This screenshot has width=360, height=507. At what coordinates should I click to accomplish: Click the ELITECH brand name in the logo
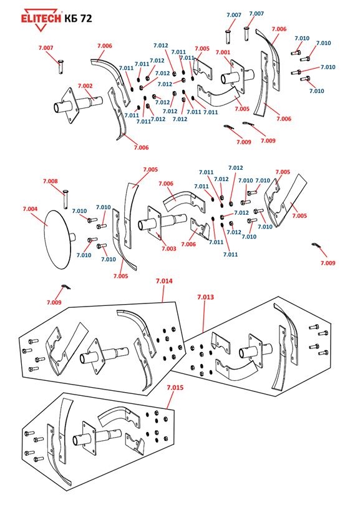(41, 18)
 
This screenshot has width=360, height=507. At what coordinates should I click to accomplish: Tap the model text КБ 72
(78, 19)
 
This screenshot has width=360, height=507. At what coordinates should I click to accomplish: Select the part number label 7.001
(223, 52)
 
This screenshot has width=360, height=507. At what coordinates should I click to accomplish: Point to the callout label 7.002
(85, 86)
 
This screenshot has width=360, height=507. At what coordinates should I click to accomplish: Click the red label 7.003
(169, 249)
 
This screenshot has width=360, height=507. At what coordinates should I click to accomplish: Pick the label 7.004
(30, 209)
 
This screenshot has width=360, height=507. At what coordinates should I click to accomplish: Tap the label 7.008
(51, 181)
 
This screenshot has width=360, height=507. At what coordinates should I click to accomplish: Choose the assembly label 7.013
(205, 297)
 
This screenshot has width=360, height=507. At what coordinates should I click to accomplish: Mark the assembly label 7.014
(164, 281)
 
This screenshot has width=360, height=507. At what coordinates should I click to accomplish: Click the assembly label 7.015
(175, 387)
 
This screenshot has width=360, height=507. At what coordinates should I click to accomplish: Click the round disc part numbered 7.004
(58, 240)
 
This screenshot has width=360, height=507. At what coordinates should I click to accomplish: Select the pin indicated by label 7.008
(66, 199)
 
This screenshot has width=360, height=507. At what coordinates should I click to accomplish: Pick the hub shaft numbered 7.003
(162, 223)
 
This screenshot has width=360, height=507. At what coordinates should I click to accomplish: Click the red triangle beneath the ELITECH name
(41, 27)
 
